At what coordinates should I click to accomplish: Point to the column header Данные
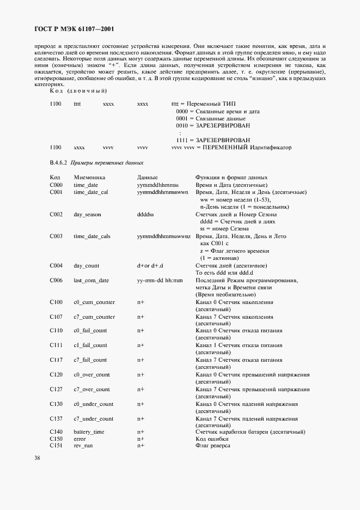click(x=147, y=178)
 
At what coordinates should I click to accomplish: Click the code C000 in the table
click(x=56, y=185)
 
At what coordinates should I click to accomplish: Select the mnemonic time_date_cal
click(x=91, y=192)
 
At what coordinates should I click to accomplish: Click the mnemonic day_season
click(x=88, y=215)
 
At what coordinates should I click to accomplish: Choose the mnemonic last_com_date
click(x=91, y=281)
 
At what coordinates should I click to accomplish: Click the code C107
click(x=56, y=317)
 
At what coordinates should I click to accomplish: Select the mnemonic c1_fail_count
click(x=90, y=345)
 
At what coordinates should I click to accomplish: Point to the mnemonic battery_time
click(x=89, y=432)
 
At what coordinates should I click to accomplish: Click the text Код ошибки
click(x=212, y=439)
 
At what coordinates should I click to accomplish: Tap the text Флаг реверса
click(x=212, y=446)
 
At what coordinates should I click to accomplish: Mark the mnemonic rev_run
click(x=83, y=446)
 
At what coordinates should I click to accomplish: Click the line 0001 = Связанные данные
click(x=210, y=118)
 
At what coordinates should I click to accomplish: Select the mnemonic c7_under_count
click(x=93, y=419)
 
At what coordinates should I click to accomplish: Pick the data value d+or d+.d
click(x=150, y=266)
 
